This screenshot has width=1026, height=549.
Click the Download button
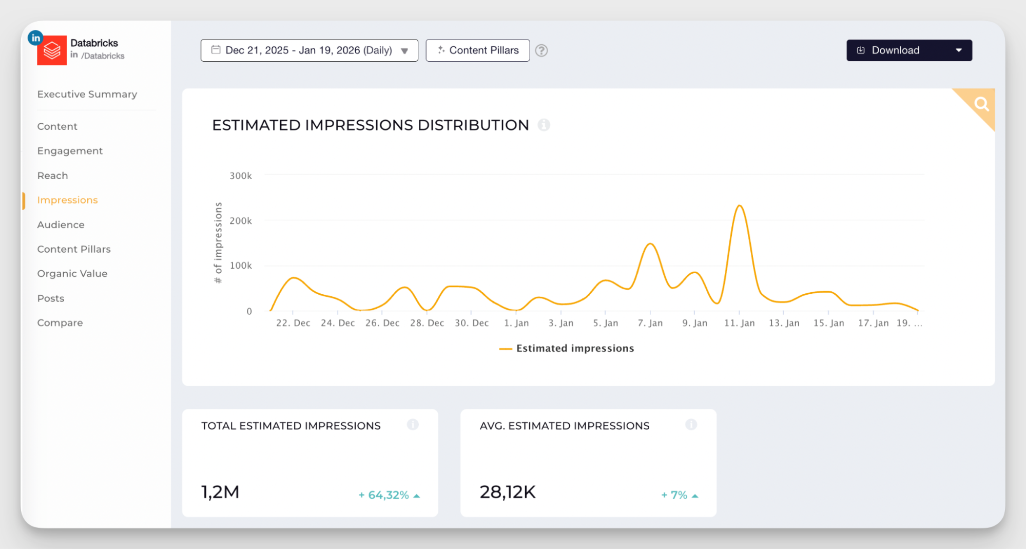[x=895, y=50]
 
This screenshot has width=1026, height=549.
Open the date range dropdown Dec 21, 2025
[x=309, y=50]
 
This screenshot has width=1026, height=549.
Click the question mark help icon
[x=541, y=50]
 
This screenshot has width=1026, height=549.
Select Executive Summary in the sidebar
[x=87, y=94]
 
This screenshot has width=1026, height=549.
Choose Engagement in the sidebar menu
[x=70, y=151]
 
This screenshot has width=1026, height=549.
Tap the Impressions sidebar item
[x=67, y=200]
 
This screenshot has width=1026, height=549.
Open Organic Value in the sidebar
[x=72, y=274]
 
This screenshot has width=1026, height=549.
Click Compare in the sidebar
[x=60, y=323]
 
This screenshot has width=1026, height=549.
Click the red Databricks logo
[x=52, y=51]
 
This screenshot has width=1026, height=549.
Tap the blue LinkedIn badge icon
[x=35, y=38]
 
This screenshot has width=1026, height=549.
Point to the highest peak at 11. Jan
[x=739, y=206]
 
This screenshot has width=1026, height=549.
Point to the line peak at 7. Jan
[x=650, y=244]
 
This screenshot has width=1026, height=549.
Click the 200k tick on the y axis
[x=240, y=221]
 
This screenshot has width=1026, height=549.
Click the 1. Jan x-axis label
[x=516, y=323]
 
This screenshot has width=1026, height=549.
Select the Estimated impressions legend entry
[x=567, y=348]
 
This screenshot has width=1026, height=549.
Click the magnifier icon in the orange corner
[x=981, y=104]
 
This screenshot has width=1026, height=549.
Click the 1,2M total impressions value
[x=220, y=492]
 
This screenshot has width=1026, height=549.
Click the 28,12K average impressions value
[x=507, y=492]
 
